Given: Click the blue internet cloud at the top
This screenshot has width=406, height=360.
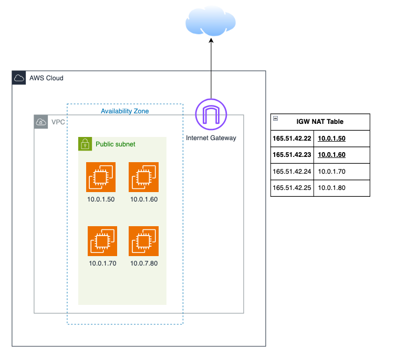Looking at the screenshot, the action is click(x=211, y=21).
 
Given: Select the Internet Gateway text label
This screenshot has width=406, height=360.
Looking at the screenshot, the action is click(x=211, y=138).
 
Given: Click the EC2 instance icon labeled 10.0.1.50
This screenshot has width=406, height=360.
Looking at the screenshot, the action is click(x=101, y=177).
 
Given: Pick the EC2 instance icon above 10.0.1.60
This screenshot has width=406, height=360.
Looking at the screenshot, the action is click(x=144, y=177).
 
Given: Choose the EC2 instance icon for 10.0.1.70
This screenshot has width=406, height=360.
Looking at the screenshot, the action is click(x=102, y=241).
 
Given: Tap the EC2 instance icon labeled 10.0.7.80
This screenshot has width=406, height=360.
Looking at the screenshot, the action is click(x=144, y=241).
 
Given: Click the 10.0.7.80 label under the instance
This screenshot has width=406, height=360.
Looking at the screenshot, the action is click(x=144, y=263).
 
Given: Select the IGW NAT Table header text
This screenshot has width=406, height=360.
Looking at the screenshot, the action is click(x=320, y=122).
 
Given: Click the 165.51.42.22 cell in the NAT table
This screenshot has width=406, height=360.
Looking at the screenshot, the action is click(x=292, y=139).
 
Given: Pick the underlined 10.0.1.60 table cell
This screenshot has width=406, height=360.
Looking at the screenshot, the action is click(x=332, y=155).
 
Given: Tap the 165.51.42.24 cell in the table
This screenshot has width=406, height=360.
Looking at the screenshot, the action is click(x=292, y=172).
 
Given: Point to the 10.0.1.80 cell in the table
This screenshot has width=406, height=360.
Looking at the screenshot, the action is click(x=332, y=188).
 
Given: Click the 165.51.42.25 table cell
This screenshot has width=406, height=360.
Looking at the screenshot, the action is click(x=292, y=188).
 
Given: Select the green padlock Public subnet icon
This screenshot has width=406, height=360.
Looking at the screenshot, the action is click(x=85, y=144).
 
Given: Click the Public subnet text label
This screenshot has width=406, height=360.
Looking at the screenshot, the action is click(x=116, y=144).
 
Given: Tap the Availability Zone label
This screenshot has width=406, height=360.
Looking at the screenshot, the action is click(x=125, y=111).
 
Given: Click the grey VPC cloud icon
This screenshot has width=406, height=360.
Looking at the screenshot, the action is click(x=41, y=122).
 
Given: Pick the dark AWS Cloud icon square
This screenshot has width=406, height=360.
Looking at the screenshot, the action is click(x=19, y=78).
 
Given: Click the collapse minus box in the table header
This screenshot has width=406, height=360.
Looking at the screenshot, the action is click(x=276, y=119).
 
